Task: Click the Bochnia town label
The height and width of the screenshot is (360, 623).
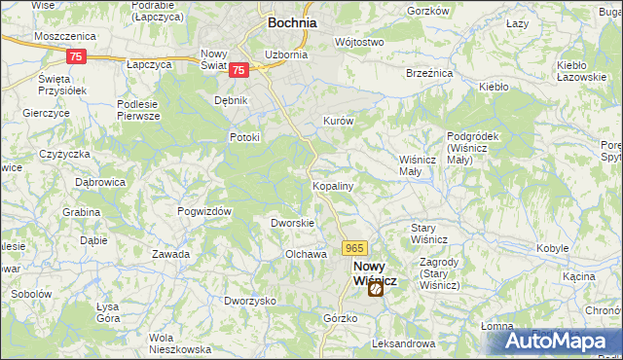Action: pyautogui.click(x=288, y=22)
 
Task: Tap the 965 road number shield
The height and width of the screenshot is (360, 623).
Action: pyautogui.click(x=354, y=249)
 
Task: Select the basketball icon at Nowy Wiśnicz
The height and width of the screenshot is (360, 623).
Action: pyautogui.click(x=375, y=288)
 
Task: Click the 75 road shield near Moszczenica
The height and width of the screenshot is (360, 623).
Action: pyautogui.click(x=78, y=56)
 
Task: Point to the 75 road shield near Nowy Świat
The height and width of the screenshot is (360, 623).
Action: pyautogui.click(x=240, y=69)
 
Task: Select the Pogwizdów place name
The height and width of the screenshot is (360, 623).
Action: pyautogui.click(x=203, y=211)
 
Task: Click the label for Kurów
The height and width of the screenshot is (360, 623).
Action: pyautogui.click(x=337, y=121)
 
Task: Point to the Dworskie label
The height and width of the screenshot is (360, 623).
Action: pyautogui.click(x=291, y=223)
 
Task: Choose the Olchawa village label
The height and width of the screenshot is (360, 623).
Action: pyautogui.click(x=304, y=254)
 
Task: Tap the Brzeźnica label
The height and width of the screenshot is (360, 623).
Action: pyautogui.click(x=425, y=72)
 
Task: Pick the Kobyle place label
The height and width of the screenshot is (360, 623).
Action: pyautogui.click(x=552, y=248)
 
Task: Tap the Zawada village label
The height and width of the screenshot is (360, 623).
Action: pyautogui.click(x=170, y=254)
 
